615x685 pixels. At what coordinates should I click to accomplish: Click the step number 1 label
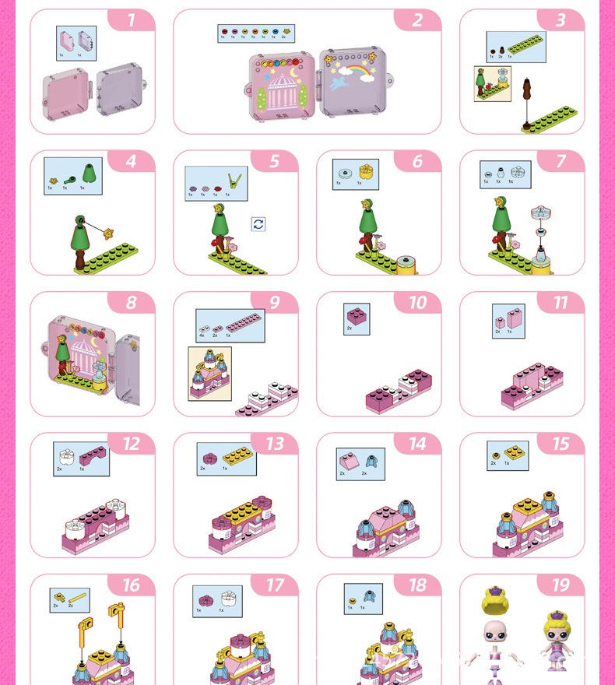131,20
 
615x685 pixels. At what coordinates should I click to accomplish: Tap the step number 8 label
131,303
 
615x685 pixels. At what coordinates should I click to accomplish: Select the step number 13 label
274,444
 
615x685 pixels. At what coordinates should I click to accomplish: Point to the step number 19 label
561,585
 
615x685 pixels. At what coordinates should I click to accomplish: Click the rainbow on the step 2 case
354,71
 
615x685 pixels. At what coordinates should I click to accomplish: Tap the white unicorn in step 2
340,82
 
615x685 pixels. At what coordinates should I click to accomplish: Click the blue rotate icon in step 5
258,224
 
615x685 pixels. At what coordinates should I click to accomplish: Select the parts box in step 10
357,319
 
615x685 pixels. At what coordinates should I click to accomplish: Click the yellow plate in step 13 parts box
237,457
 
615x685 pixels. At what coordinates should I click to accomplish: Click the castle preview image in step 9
209,374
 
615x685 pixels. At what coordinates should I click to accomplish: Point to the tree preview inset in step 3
492,84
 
